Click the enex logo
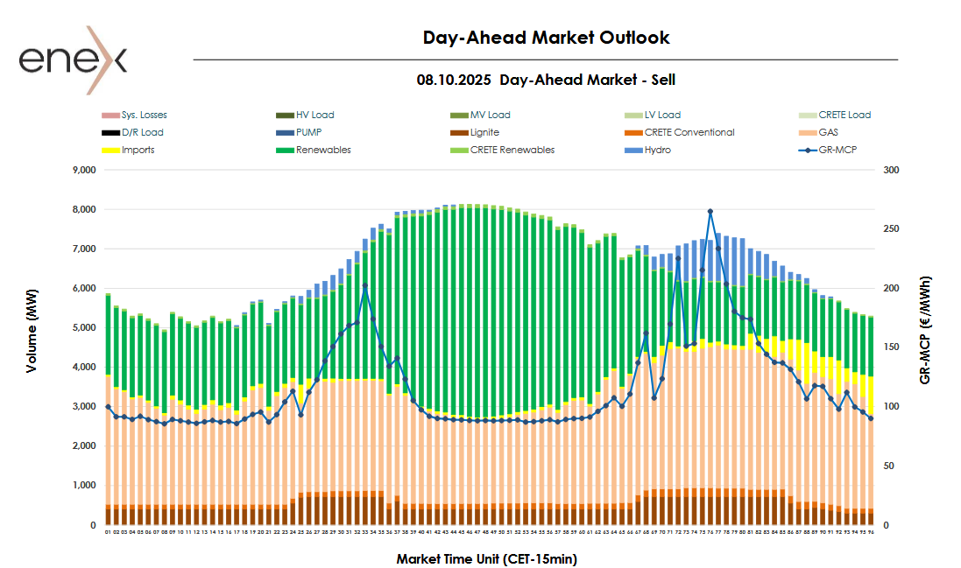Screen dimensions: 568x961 coord(74,60)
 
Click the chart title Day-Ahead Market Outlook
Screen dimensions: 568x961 coord(546,38)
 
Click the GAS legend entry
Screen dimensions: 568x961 coord(829,132)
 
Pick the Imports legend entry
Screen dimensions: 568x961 coord(138,150)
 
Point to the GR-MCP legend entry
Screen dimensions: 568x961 coord(837,150)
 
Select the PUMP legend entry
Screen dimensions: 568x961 coord(310,132)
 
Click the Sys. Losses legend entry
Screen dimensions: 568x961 coord(144,115)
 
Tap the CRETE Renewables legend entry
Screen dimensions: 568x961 coord(512,150)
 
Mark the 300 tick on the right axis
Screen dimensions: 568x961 coord(891,171)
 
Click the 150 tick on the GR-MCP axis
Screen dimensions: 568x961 coord(891,347)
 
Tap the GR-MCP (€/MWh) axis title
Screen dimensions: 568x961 coord(926,330)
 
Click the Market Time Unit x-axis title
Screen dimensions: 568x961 coord(486,558)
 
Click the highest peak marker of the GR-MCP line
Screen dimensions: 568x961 coord(710,211)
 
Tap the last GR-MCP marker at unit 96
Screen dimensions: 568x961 coord(871,418)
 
